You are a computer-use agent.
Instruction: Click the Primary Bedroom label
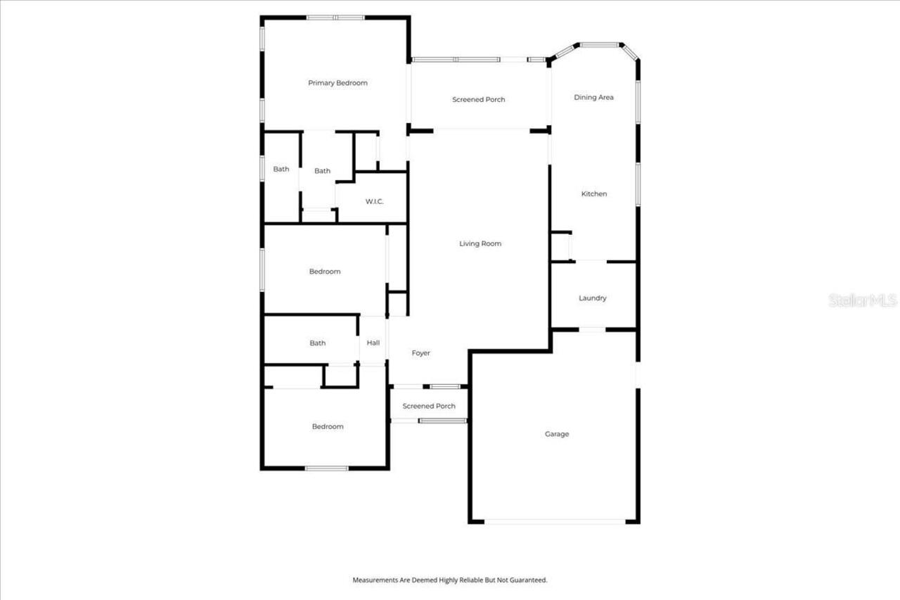(337, 83)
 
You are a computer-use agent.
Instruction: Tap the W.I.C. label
(374, 202)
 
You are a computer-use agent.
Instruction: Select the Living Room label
(480, 244)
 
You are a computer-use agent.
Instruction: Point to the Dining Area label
(593, 98)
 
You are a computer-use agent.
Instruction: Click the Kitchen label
(593, 194)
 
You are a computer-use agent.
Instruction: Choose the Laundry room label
(592, 298)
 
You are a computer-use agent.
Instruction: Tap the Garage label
(557, 434)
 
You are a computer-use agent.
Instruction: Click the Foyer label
(420, 353)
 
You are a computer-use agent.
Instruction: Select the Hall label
(373, 343)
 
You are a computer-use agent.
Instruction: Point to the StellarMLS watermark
(862, 300)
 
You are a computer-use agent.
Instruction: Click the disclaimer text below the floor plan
(449, 580)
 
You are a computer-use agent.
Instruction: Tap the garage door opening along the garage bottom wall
(555, 522)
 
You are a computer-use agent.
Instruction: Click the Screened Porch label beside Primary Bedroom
(478, 100)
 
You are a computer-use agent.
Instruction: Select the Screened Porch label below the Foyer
(429, 406)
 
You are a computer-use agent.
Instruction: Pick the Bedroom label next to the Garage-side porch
(328, 427)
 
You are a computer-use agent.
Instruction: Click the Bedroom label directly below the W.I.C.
(325, 272)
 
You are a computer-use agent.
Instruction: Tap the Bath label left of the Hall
(318, 343)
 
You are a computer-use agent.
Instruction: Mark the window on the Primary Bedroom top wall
(335, 18)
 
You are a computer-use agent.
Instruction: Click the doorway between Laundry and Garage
(592, 329)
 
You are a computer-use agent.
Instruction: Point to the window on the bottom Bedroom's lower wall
(326, 468)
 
